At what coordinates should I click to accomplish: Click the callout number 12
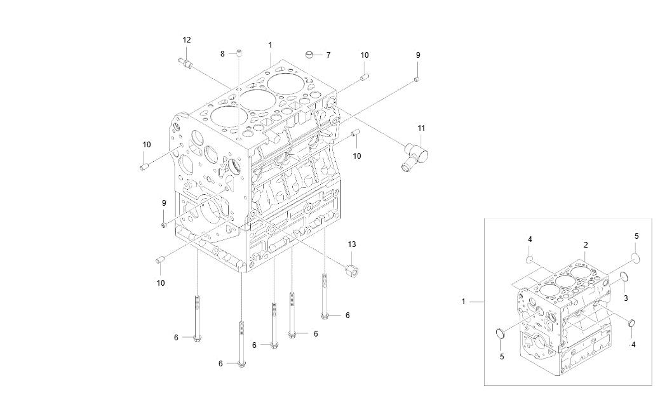(x=186, y=40)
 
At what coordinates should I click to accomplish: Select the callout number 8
(x=222, y=54)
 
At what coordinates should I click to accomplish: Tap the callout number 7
(x=328, y=55)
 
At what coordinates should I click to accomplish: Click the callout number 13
(x=352, y=244)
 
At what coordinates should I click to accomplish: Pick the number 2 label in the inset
(x=585, y=244)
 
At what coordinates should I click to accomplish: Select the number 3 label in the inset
(x=625, y=298)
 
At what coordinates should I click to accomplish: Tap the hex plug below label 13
(x=351, y=269)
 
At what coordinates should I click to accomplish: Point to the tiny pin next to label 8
(x=239, y=53)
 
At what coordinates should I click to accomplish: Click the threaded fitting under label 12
(x=185, y=62)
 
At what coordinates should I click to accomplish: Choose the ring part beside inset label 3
(x=624, y=277)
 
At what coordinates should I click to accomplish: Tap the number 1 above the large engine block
(x=270, y=45)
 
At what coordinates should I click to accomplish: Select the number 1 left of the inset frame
(x=464, y=302)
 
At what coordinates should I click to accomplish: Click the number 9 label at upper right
(x=418, y=55)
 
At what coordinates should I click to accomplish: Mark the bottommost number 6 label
(x=220, y=364)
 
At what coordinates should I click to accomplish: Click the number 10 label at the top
(x=364, y=55)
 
